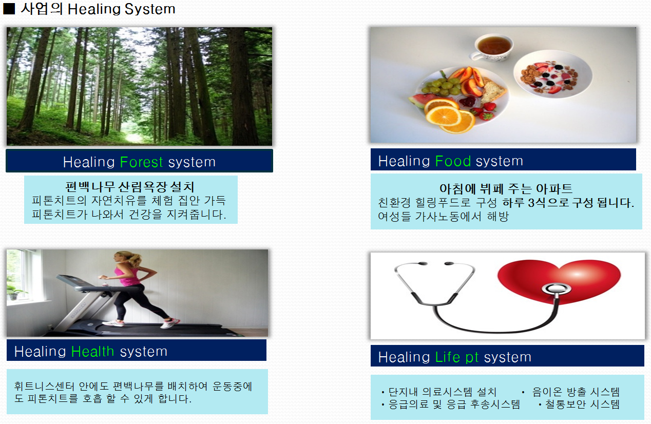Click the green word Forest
tap(142, 162)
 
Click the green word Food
tap(453, 161)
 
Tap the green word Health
tap(92, 352)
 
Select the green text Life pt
tap(457, 357)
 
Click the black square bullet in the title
tap(9, 9)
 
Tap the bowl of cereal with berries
tap(553, 74)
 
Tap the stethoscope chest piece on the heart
tap(556, 289)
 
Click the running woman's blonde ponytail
tap(135, 259)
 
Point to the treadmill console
tap(71, 279)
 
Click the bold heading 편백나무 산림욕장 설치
tap(129, 186)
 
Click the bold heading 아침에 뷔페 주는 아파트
tap(506, 188)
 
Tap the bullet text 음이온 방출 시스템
tap(576, 392)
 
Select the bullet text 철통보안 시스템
tap(582, 404)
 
